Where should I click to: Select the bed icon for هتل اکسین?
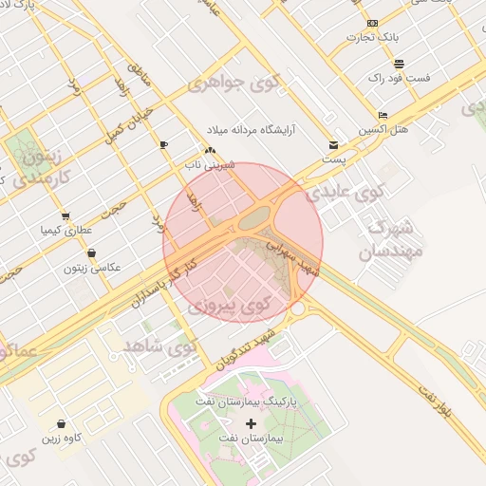point(383,114)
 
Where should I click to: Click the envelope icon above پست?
point(333,144)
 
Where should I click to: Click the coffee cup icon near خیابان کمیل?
point(164,144)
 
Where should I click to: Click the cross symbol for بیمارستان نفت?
point(251,422)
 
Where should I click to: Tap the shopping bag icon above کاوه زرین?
point(61,423)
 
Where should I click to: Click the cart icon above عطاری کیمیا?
point(65,215)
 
